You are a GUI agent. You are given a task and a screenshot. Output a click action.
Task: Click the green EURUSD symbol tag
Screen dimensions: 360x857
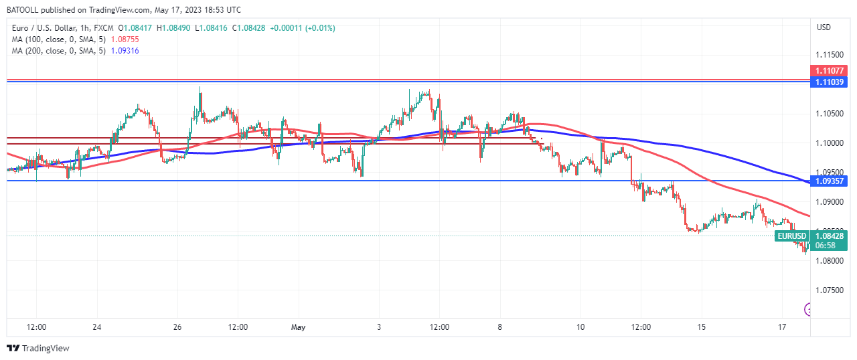coord(791,236)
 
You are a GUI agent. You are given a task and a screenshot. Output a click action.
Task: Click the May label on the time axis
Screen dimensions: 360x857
coord(299,327)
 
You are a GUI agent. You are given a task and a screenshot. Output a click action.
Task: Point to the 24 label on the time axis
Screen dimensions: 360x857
coord(97,327)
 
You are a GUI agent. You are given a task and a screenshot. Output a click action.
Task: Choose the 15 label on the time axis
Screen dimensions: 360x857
coord(702,327)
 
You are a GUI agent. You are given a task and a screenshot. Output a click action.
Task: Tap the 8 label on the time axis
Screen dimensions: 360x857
coord(500,327)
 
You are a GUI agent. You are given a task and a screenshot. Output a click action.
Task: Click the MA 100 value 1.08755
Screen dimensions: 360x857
coord(125,39)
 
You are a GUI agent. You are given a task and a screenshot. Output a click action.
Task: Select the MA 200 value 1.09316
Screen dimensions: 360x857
coord(125,51)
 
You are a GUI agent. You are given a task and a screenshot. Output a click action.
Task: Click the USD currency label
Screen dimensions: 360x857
coord(824,27)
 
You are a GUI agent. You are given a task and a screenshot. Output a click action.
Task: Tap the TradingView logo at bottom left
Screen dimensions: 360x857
coord(37,348)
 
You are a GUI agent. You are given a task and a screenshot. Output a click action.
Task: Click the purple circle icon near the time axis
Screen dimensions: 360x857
coord(808,309)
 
